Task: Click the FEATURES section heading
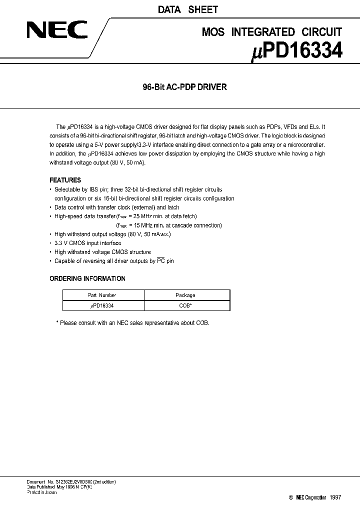(65, 180)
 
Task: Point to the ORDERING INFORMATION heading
(87, 278)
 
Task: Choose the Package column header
(185, 295)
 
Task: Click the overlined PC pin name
(161, 261)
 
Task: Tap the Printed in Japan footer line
(42, 492)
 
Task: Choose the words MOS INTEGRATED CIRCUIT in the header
(271, 32)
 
